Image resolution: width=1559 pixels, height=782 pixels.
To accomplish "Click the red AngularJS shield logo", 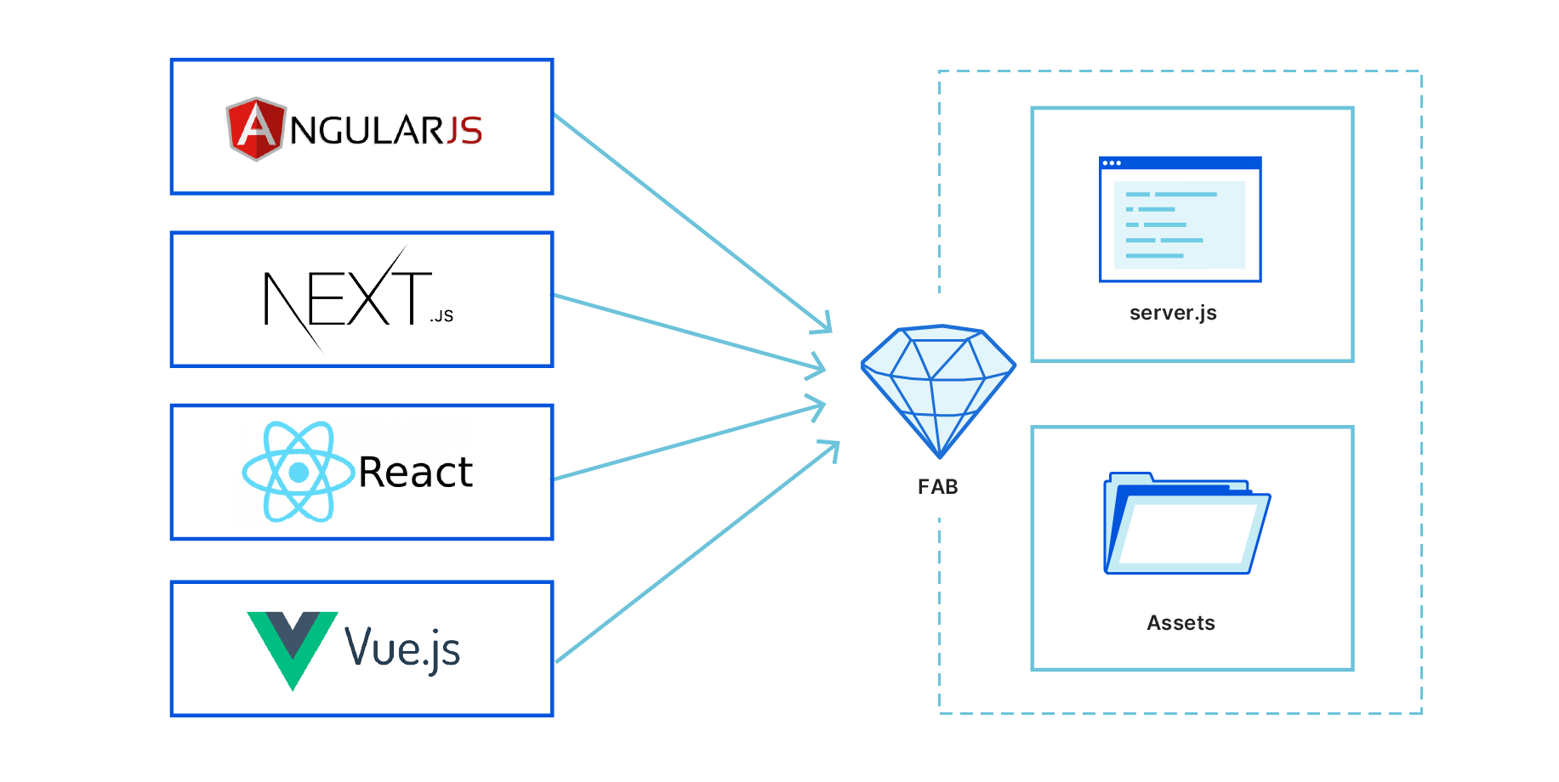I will click(254, 129).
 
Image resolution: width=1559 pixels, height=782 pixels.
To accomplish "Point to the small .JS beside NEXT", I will click(441, 316).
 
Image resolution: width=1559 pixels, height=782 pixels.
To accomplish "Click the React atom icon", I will click(298, 472).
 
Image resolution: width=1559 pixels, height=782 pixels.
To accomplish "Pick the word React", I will click(415, 473).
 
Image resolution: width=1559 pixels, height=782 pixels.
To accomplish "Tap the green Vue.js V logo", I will click(292, 647).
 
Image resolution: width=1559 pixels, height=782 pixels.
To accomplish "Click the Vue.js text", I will click(401, 649).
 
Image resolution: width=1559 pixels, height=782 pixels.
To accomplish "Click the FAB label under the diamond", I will click(938, 487).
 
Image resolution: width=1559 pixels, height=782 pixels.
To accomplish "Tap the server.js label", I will click(1173, 313).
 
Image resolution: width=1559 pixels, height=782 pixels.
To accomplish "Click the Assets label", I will click(1181, 623).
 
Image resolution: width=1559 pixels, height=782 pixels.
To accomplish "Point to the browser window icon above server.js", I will click(1180, 219).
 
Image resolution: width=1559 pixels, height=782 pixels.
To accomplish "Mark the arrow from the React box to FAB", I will click(689, 442).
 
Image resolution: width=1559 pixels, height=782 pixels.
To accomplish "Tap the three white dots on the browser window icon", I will click(1112, 163).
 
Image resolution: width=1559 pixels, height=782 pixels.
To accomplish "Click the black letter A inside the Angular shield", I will click(255, 127).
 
